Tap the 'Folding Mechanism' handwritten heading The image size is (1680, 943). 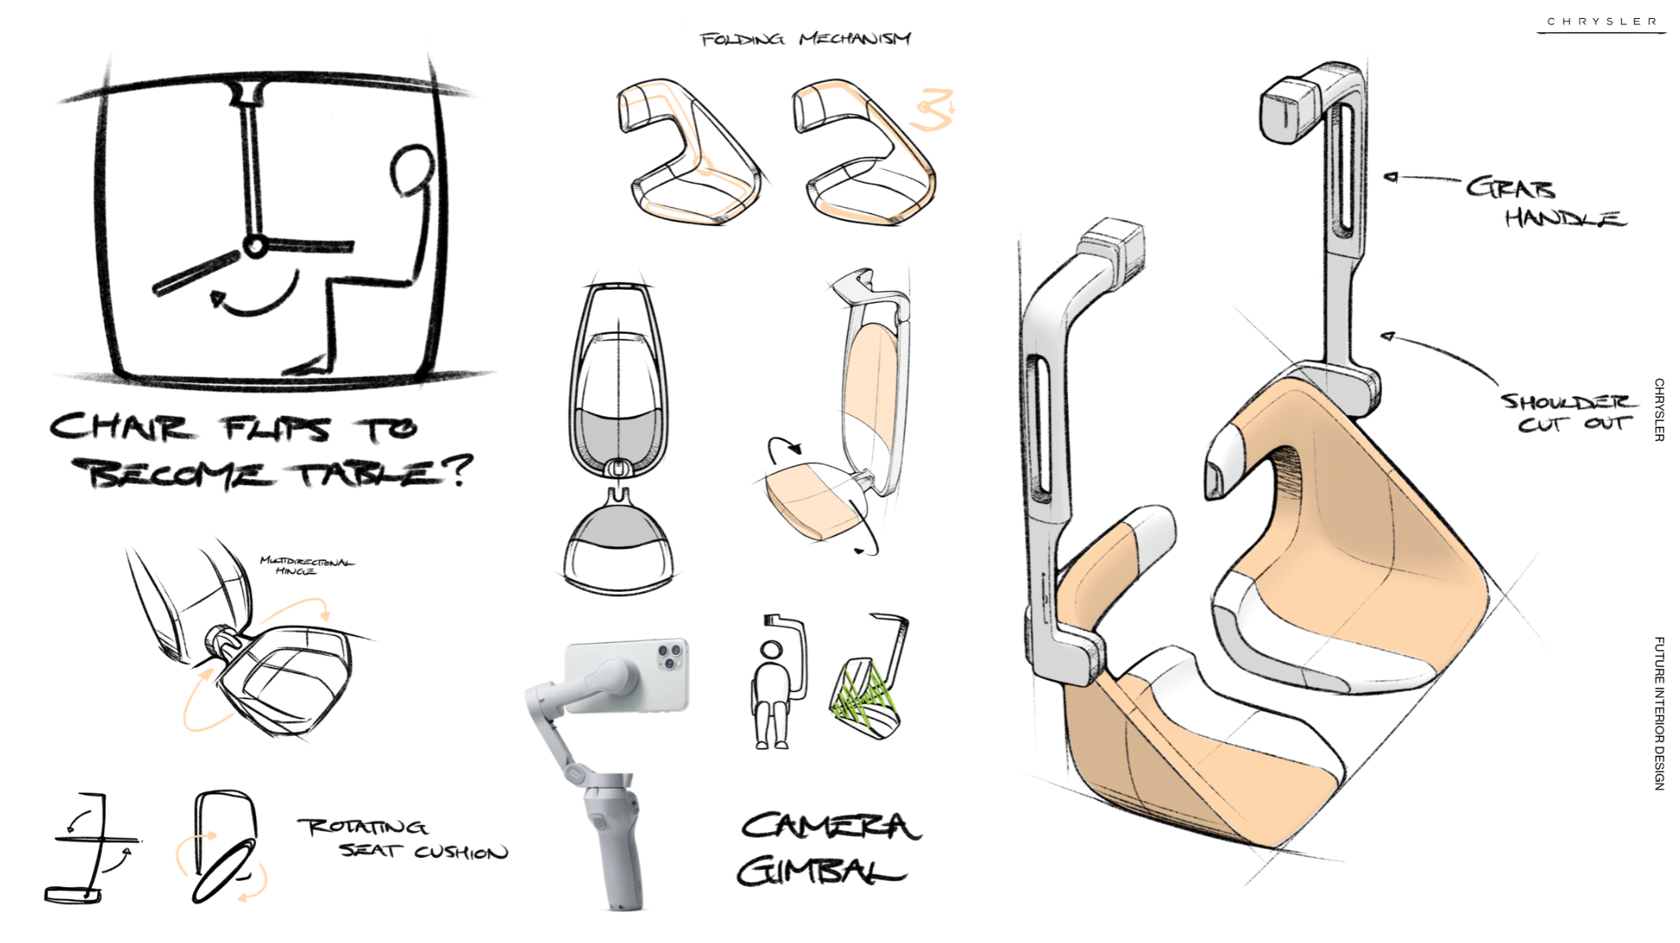pos(805,39)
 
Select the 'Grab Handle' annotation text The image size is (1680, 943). pos(1545,202)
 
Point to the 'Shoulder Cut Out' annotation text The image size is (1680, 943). pos(1568,412)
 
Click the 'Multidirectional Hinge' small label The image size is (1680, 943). pos(307,566)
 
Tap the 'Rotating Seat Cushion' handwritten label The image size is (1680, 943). pos(402,839)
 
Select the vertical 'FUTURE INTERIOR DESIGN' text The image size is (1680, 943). pos(1659,713)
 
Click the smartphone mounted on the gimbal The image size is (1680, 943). pos(627,675)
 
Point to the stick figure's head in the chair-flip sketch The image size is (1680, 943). pos(412,169)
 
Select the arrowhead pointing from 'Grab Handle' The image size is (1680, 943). pos(1390,177)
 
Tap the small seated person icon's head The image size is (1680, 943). pos(772,650)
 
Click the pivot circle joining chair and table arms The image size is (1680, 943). pos(255,246)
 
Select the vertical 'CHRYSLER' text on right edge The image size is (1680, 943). pos(1659,409)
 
